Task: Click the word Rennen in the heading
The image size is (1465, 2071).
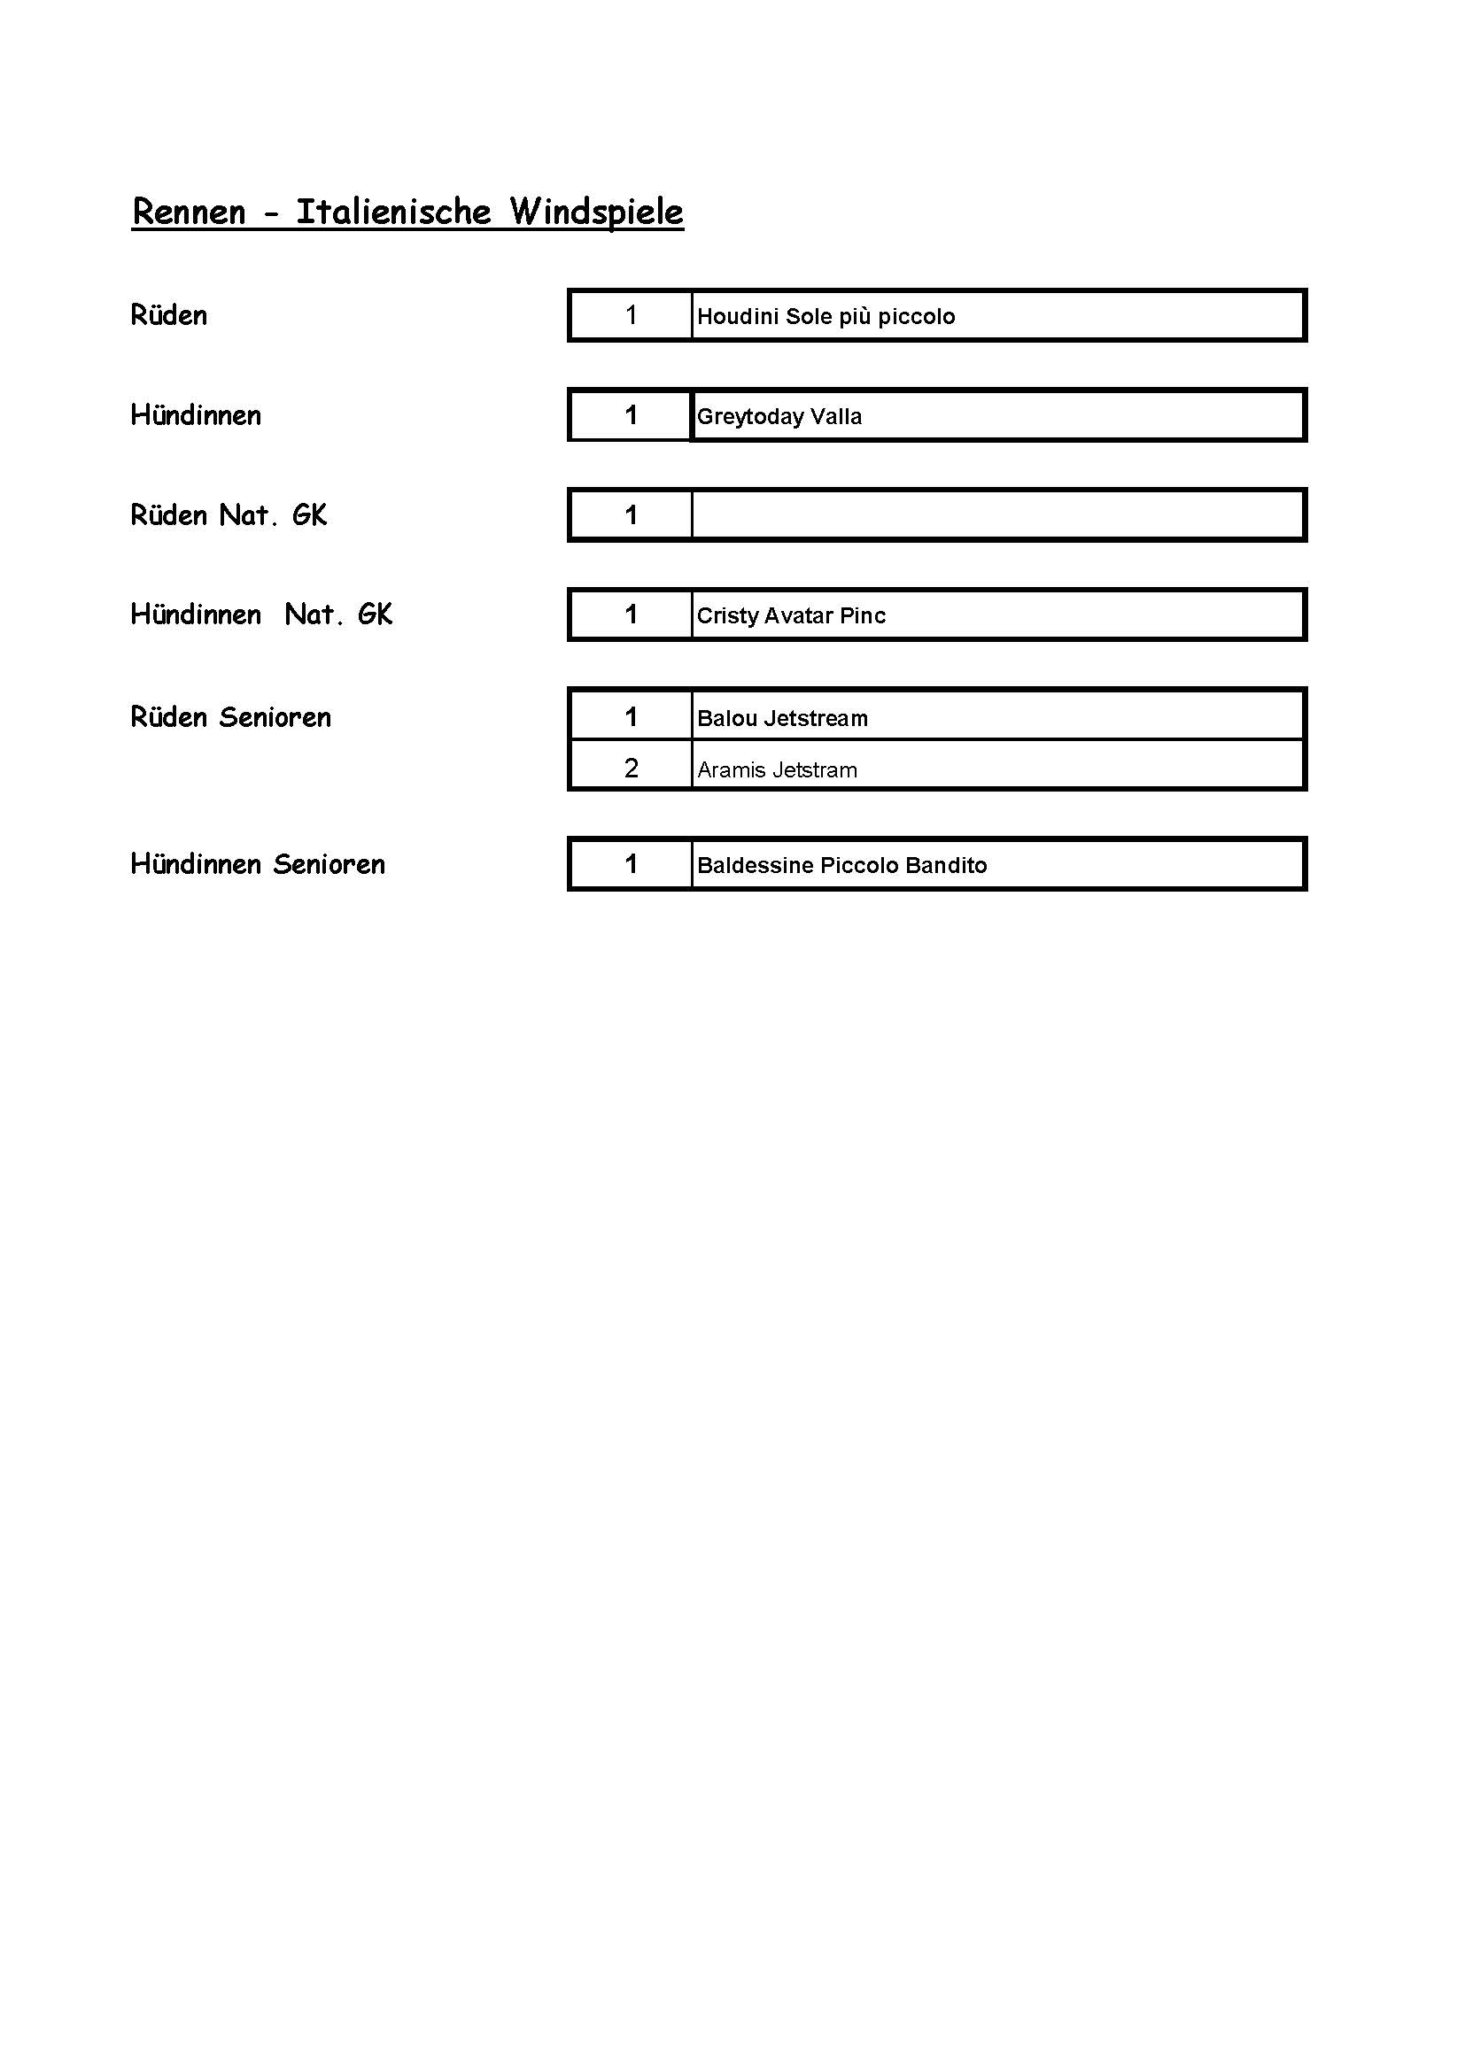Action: click(189, 212)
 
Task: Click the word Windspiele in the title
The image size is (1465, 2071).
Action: click(596, 212)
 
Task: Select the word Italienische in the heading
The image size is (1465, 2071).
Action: click(393, 212)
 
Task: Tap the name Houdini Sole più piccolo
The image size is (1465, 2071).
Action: click(826, 317)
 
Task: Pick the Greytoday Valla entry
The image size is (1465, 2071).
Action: click(779, 417)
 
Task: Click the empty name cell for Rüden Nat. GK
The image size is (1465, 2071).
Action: click(996, 515)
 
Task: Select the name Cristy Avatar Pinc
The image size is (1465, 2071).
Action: click(791, 616)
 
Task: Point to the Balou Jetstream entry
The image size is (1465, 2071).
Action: click(782, 719)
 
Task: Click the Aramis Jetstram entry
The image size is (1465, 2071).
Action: click(777, 770)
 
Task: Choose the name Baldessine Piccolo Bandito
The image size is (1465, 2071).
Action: click(841, 866)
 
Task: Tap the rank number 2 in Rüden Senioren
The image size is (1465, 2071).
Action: click(632, 769)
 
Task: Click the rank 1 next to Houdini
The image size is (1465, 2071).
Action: click(632, 316)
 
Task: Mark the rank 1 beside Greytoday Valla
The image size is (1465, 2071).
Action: click(632, 416)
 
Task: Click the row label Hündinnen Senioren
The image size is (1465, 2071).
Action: click(258, 865)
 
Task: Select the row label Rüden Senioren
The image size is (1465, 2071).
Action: click(231, 718)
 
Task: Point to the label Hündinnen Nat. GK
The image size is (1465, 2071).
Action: click(261, 615)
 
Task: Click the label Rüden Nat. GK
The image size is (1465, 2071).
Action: click(229, 516)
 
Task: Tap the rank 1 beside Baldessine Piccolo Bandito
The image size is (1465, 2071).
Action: click(632, 865)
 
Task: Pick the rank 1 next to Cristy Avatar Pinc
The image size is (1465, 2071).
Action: click(632, 615)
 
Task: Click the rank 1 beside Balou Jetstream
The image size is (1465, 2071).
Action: click(632, 718)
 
